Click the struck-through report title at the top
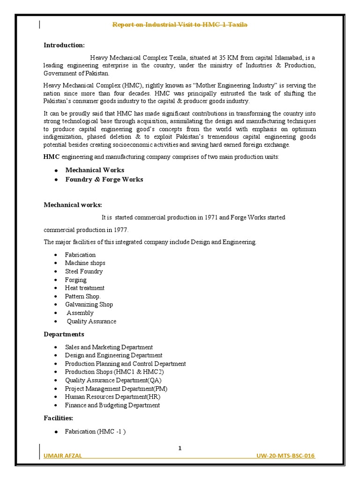180,24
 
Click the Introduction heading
64,45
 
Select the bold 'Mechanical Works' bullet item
94,170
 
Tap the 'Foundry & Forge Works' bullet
104,180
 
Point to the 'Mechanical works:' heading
73,205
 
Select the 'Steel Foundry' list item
83,271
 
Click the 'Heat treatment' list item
84,288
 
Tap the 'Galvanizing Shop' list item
89,305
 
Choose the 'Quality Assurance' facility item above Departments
91,322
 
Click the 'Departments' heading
64,334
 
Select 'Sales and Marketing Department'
109,347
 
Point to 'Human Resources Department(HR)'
112,397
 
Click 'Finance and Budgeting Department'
112,405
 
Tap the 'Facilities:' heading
59,418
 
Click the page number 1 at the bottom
180,449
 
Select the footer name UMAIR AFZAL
63,457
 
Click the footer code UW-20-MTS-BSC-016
285,457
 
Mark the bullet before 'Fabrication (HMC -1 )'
56,431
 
